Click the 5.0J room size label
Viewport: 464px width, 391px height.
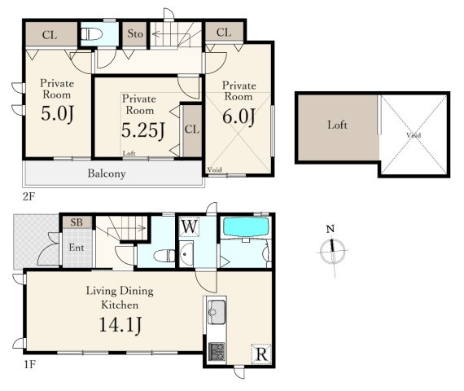pyautogui.click(x=58, y=114)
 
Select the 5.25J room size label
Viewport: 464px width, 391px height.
pyautogui.click(x=143, y=130)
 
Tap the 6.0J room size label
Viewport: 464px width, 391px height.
pyautogui.click(x=239, y=116)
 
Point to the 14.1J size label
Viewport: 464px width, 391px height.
pyautogui.click(x=120, y=325)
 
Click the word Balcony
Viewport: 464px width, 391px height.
pyautogui.click(x=107, y=174)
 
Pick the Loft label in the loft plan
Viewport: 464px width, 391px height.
pyautogui.click(x=337, y=125)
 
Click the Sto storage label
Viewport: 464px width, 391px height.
pyautogui.click(x=135, y=33)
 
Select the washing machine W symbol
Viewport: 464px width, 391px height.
pyautogui.click(x=189, y=227)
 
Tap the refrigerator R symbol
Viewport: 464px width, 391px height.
pyautogui.click(x=261, y=354)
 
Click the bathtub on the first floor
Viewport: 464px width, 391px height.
pyautogui.click(x=246, y=227)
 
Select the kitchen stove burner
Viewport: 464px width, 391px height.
pyautogui.click(x=217, y=352)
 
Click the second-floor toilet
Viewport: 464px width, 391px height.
pyautogui.click(x=91, y=34)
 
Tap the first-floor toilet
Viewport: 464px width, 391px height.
pyautogui.click(x=164, y=256)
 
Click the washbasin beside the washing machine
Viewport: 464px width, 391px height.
pyautogui.click(x=186, y=254)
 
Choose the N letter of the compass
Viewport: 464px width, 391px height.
pyautogui.click(x=330, y=229)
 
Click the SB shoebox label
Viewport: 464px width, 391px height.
pyautogui.click(x=77, y=222)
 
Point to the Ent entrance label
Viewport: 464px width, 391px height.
pyautogui.click(x=77, y=248)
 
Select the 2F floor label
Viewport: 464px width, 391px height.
pyautogui.click(x=28, y=196)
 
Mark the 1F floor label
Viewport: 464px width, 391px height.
pyautogui.click(x=29, y=364)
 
